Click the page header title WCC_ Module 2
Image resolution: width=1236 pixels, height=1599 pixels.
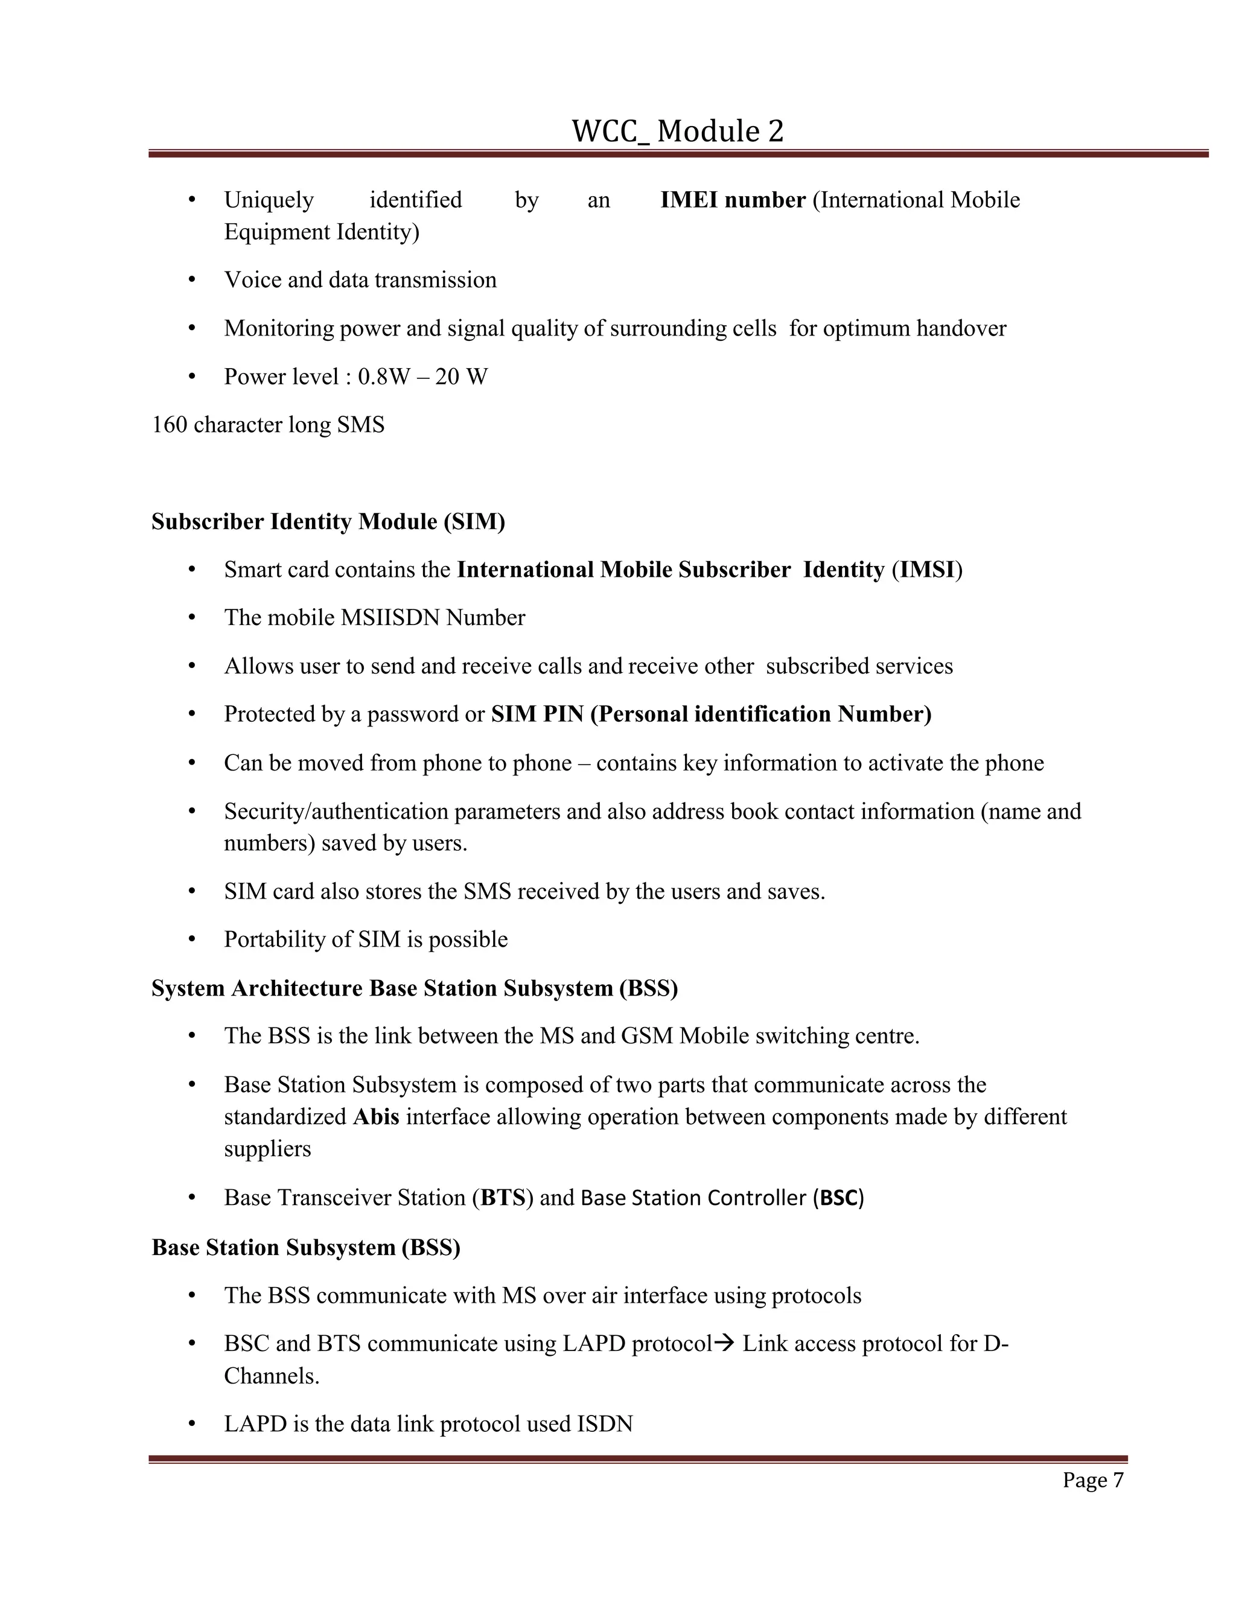tap(677, 132)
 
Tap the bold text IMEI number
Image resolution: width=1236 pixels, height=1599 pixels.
tap(732, 200)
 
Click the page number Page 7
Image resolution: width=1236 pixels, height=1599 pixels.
tap(1092, 1480)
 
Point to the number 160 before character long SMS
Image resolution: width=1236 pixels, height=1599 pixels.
tap(169, 425)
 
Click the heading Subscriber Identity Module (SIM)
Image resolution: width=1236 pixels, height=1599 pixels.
tap(328, 521)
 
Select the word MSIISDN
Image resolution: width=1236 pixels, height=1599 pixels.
tap(390, 618)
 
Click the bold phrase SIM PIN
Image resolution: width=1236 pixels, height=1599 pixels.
tap(537, 714)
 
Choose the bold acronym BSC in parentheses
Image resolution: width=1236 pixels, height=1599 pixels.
tap(838, 1198)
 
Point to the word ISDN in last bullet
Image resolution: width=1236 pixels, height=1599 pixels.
tap(605, 1424)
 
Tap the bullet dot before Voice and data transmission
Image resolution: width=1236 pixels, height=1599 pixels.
tap(192, 280)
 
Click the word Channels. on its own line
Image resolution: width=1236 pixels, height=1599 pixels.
tap(272, 1376)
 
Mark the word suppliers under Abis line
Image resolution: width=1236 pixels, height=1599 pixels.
tap(267, 1149)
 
